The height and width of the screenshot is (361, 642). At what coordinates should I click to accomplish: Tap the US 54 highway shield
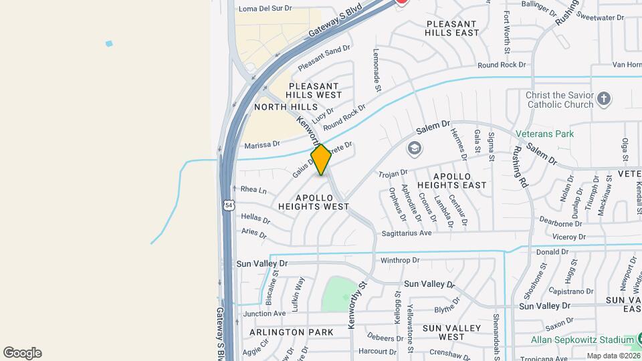[229, 209]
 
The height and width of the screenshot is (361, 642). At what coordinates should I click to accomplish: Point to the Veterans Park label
[545, 134]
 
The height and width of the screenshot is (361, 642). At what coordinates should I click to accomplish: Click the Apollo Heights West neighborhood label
[323, 203]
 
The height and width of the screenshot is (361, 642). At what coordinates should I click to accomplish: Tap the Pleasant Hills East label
[453, 27]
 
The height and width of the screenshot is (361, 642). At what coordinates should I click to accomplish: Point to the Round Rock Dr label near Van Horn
[502, 66]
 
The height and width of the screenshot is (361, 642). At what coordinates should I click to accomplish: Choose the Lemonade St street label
[377, 70]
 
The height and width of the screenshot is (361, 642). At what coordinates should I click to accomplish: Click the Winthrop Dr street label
[399, 260]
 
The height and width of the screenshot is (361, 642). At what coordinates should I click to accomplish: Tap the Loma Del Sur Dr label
[265, 9]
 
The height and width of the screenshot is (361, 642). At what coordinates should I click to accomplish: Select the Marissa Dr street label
[261, 144]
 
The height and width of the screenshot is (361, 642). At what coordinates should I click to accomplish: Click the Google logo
[22, 353]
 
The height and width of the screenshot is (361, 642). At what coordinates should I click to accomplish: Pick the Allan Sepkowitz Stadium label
[576, 340]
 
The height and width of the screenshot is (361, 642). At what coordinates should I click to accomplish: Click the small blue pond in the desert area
[109, 43]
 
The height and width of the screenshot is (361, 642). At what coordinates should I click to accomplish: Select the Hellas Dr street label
[255, 219]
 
